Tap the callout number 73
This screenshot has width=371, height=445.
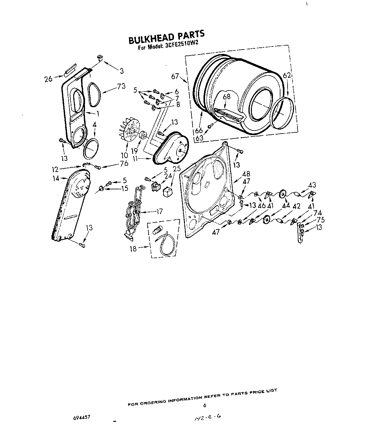tap(121, 86)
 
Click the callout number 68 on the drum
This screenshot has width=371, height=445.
tap(226, 96)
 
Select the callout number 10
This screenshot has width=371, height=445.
tap(124, 155)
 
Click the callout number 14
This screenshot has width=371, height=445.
tap(56, 178)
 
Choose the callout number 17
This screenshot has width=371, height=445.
tap(159, 212)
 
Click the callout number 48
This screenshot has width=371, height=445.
tap(246, 174)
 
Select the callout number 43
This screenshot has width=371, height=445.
tap(312, 185)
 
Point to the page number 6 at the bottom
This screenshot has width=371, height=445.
tap(204, 405)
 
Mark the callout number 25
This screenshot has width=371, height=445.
tap(176, 169)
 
